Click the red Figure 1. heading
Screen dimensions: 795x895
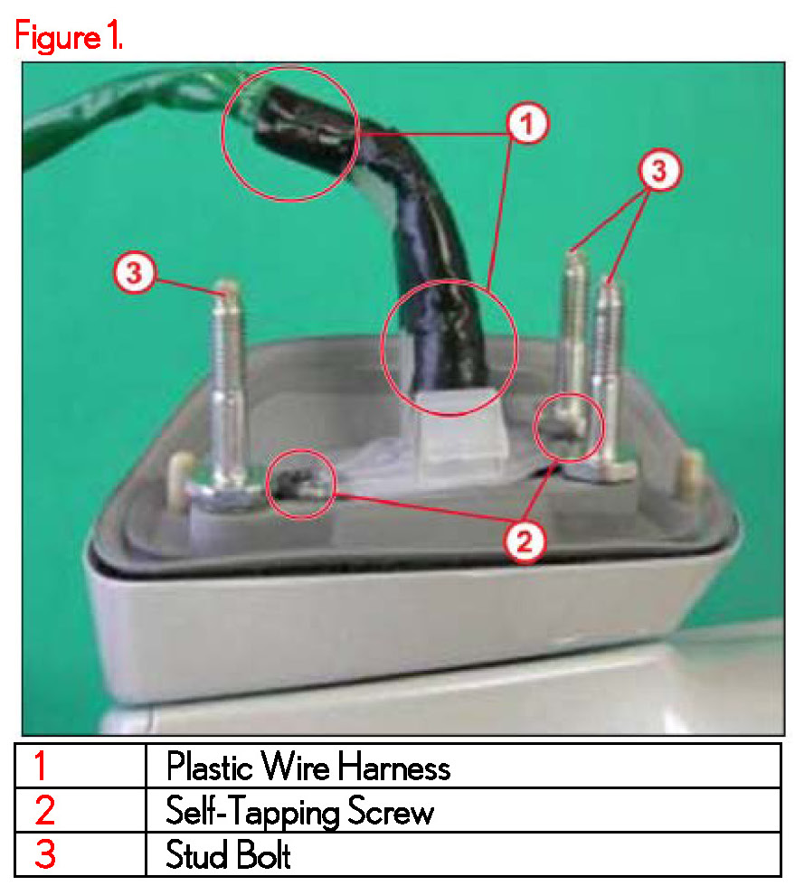tap(69, 36)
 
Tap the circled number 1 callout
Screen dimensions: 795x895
tap(527, 123)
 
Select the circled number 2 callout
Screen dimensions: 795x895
tap(525, 541)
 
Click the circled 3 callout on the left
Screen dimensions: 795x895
tap(134, 272)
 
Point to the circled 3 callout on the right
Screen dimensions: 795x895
tap(659, 170)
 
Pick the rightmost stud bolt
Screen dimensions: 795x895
tap(610, 377)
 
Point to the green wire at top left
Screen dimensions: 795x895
tap(131, 114)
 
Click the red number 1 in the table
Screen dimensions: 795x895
tap(40, 766)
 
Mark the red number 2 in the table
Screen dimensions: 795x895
tap(44, 810)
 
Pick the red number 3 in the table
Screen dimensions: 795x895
tap(45, 854)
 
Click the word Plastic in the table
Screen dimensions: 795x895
tap(210, 766)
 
